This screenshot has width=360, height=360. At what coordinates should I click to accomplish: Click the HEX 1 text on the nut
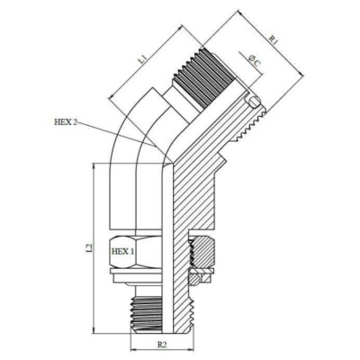(121, 253)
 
